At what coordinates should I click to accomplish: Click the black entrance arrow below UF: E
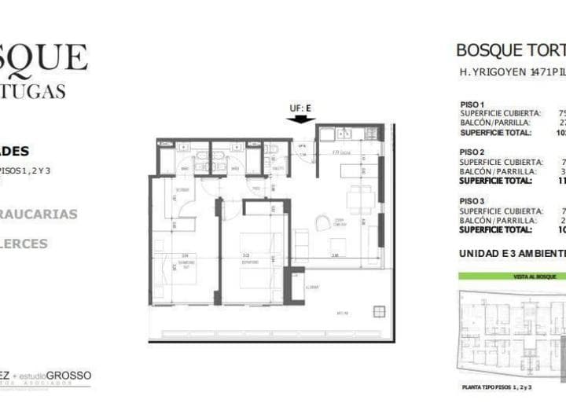[x=300, y=119]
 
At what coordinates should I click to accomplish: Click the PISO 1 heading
[x=472, y=104]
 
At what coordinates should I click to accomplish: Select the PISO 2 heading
[x=472, y=152]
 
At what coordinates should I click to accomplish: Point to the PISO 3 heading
[x=472, y=202]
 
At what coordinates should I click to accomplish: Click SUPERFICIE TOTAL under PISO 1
[x=495, y=132]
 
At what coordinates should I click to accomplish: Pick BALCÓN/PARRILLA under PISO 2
[x=494, y=171]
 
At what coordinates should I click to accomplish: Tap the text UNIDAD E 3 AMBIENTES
[x=512, y=254]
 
